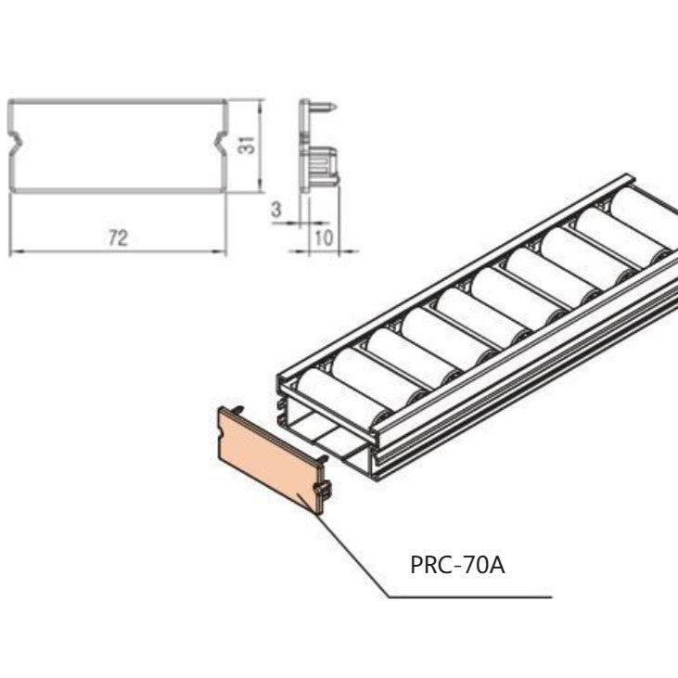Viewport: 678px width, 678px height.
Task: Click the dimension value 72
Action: pyautogui.click(x=117, y=237)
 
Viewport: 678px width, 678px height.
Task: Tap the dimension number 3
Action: pyautogui.click(x=276, y=210)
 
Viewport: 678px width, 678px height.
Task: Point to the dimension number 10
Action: pyautogui.click(x=324, y=237)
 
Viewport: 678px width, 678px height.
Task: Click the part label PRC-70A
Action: pyautogui.click(x=457, y=564)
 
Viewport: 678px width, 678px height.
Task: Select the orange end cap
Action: pyautogui.click(x=269, y=459)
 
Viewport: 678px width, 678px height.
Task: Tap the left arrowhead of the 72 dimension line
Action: pyautogui.click(x=13, y=251)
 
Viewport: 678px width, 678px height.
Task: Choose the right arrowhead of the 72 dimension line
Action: pyautogui.click(x=223, y=251)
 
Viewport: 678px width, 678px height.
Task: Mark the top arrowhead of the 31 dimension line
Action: pyautogui.click(x=260, y=103)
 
